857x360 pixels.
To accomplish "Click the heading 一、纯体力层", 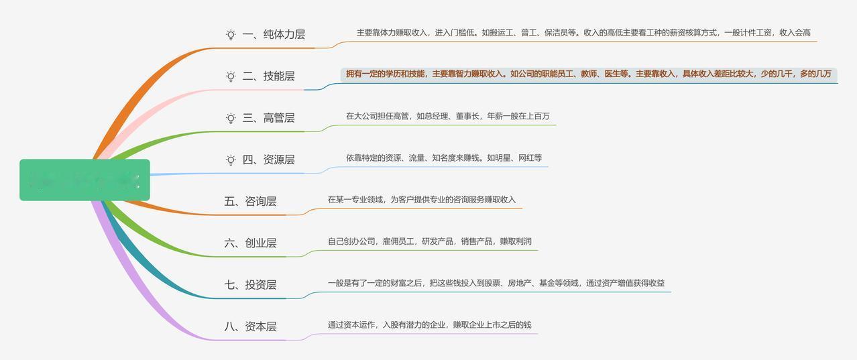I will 274,34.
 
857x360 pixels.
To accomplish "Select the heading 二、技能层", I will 268,76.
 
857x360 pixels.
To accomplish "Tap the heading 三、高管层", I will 268,118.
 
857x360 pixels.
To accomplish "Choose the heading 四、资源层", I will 268,160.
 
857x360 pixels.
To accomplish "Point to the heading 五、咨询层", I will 250,201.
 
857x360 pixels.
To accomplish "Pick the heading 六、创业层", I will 250,243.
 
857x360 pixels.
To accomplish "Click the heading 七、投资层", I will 250,285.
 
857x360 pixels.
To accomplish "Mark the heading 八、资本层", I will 250,326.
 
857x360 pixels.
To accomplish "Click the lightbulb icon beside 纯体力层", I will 231,34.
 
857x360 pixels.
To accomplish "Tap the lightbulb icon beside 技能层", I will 231,76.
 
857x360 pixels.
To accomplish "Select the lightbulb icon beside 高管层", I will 231,118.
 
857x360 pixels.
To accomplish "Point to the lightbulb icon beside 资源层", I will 231,160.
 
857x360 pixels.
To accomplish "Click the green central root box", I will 84,180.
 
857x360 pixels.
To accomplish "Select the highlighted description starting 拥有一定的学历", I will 588,74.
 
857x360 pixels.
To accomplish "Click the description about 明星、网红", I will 444,158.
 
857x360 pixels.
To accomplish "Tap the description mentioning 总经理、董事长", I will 447,116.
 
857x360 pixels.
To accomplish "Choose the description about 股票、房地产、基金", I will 496,283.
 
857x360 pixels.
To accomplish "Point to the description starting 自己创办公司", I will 429,241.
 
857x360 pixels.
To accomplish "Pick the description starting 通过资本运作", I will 429,324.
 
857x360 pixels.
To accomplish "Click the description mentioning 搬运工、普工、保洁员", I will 583,32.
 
